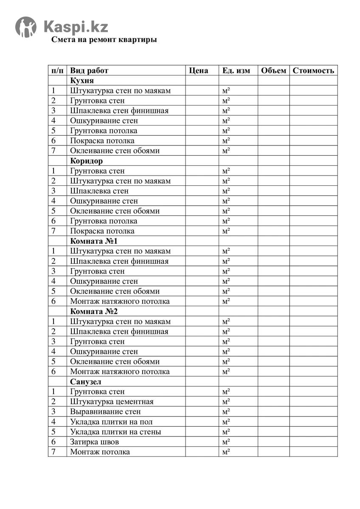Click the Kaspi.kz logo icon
pyautogui.click(x=26, y=27)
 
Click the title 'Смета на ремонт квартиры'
pyautogui.click(x=104, y=40)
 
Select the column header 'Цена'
pyautogui.click(x=198, y=70)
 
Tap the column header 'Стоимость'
pyautogui.click(x=313, y=70)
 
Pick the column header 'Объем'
pyautogui.click(x=273, y=70)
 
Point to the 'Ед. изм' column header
pyautogui.click(x=236, y=70)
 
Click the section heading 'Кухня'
pyautogui.click(x=82, y=81)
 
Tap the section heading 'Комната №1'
pyautogui.click(x=93, y=241)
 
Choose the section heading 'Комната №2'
pyautogui.click(x=93, y=311)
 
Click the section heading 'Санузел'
pyautogui.click(x=86, y=382)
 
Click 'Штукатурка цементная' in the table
pyautogui.click(x=112, y=402)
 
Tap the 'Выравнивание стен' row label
pyautogui.click(x=105, y=412)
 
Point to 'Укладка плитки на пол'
pyautogui.click(x=111, y=422)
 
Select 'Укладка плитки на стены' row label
pyautogui.click(x=115, y=432)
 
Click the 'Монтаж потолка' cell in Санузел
pyautogui.click(x=100, y=452)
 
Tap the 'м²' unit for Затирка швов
pyautogui.click(x=226, y=442)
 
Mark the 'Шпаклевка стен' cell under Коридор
pyautogui.click(x=99, y=191)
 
